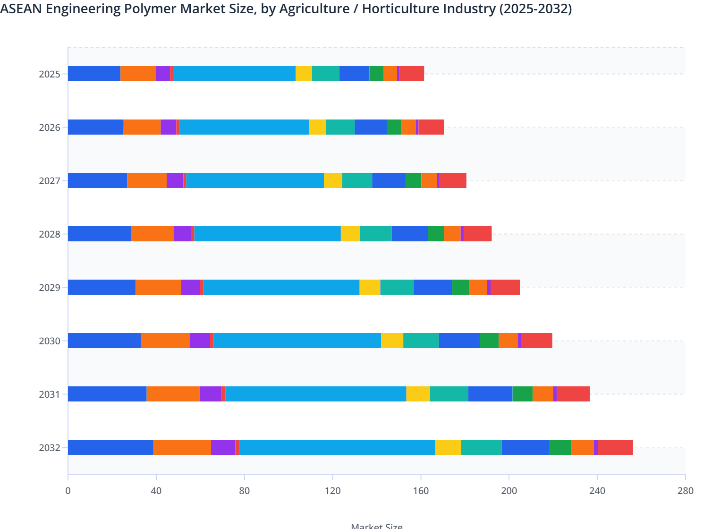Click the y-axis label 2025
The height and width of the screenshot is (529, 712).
[x=50, y=74]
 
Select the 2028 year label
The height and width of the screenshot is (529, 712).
[x=50, y=234]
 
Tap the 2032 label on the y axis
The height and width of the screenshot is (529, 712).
[x=50, y=448]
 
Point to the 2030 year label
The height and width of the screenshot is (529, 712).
[x=50, y=341]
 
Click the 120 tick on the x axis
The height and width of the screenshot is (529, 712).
[x=333, y=491]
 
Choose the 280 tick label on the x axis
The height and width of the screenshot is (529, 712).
[x=685, y=491]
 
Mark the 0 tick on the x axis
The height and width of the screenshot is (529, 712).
[x=68, y=491]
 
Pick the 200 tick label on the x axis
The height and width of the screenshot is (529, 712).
[x=509, y=491]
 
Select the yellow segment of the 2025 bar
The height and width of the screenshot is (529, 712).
[x=304, y=74]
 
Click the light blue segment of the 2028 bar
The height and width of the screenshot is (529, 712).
[x=267, y=234]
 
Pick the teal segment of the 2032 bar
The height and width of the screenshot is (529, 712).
[x=481, y=447]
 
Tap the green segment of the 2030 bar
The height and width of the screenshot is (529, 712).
[x=489, y=341]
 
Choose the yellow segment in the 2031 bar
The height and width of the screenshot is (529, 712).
[x=418, y=394]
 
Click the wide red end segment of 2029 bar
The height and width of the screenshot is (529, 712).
[x=505, y=287]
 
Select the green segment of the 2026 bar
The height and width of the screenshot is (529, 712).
[x=394, y=127]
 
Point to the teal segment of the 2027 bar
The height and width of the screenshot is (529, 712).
[x=357, y=180]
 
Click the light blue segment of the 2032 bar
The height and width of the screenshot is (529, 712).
[x=337, y=447]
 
